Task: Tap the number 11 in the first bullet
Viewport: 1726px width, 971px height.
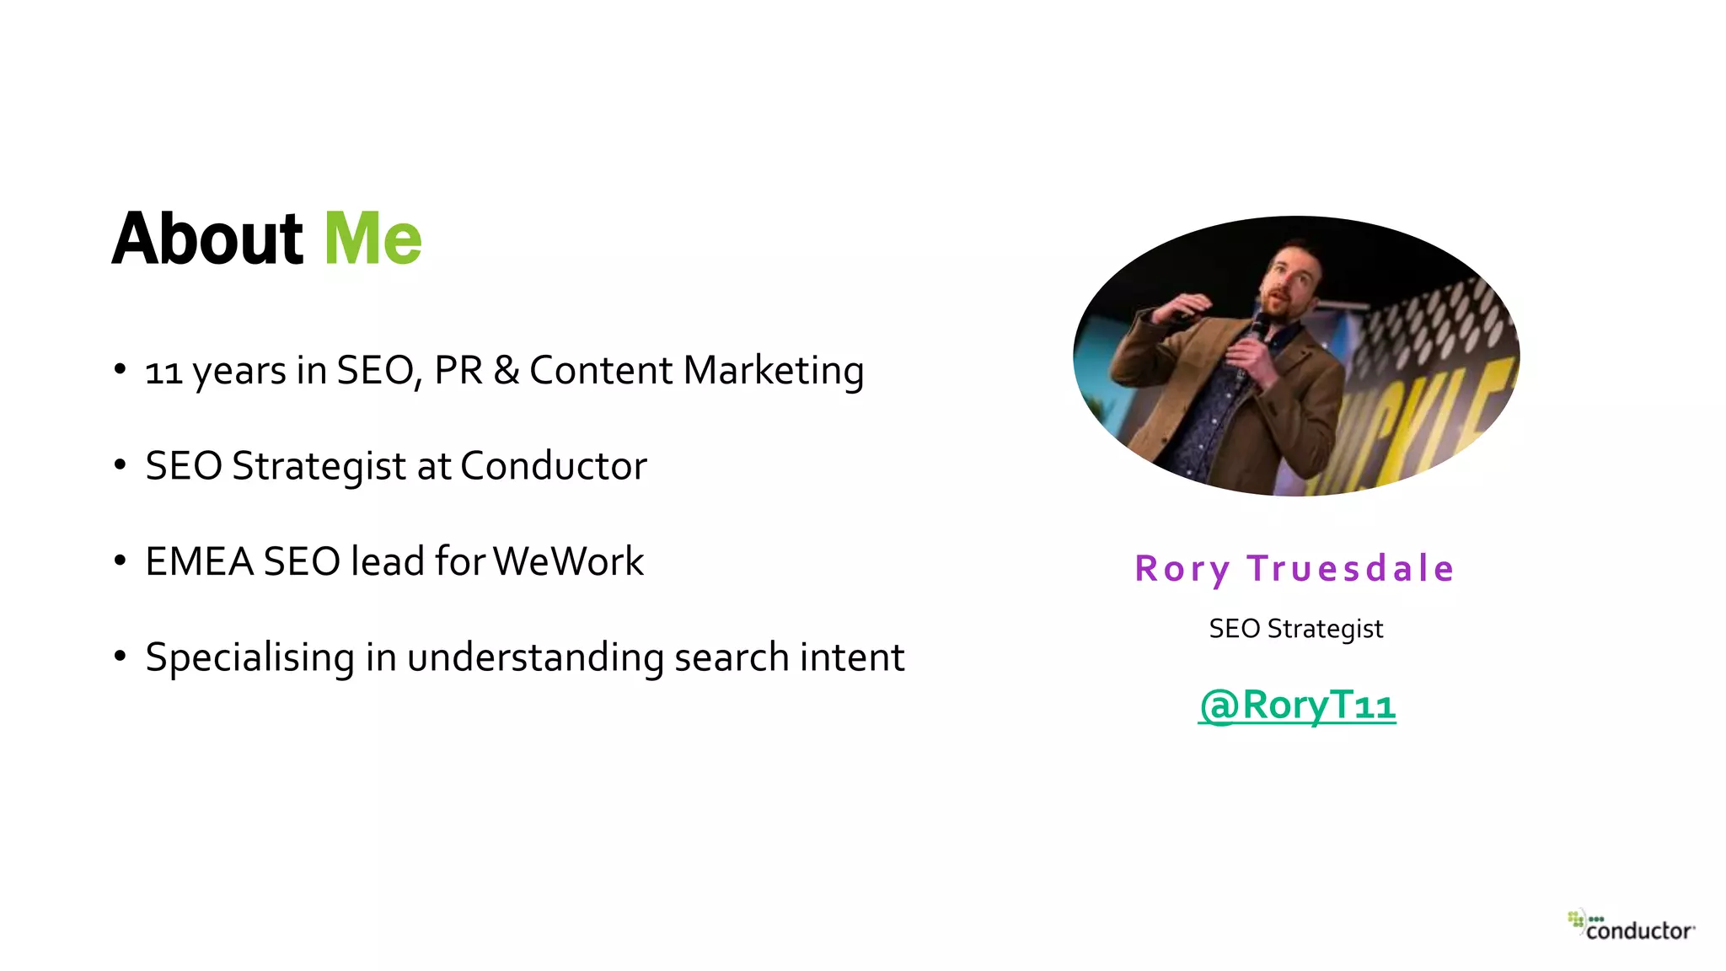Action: pyautogui.click(x=163, y=372)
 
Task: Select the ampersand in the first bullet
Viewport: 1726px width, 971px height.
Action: pyautogui.click(x=506, y=371)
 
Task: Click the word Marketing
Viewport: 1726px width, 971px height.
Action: pyautogui.click(x=774, y=371)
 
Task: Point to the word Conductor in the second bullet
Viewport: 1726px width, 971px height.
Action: pyautogui.click(x=554, y=466)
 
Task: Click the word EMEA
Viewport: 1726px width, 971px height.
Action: pyautogui.click(x=199, y=561)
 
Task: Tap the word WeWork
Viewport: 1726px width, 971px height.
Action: pyautogui.click(x=568, y=561)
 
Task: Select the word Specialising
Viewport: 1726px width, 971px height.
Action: pyautogui.click(x=249, y=657)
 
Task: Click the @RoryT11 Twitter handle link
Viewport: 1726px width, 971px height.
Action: pyautogui.click(x=1297, y=705)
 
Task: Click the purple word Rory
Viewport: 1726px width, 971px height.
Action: pyautogui.click(x=1182, y=570)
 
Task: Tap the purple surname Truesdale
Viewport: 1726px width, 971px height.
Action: pyautogui.click(x=1350, y=569)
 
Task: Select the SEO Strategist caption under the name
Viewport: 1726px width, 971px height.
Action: pyautogui.click(x=1295, y=629)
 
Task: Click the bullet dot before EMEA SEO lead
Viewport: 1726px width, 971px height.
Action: pyautogui.click(x=120, y=561)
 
